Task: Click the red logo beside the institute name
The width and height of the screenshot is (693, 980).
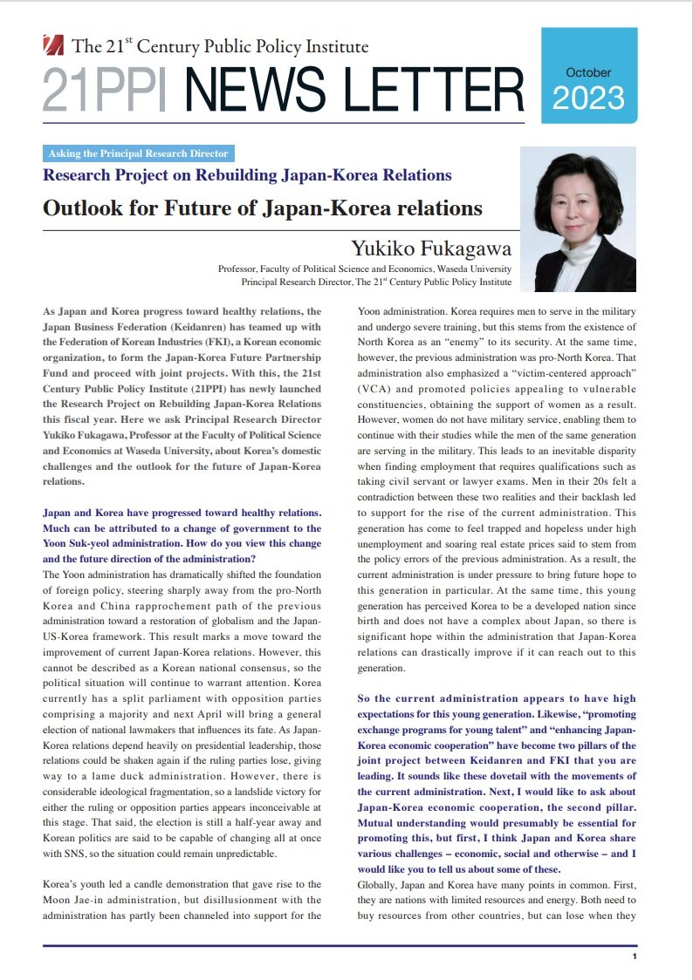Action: point(55,44)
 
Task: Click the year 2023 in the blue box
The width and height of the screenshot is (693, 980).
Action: point(588,98)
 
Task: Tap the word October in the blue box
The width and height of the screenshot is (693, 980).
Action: point(588,72)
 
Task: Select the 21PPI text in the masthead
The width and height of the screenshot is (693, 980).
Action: point(109,90)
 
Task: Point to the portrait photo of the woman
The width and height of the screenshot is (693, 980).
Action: point(578,221)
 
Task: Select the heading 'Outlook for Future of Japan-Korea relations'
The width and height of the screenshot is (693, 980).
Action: point(263,208)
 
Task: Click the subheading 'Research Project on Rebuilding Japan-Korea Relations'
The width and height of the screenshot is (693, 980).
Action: point(247,175)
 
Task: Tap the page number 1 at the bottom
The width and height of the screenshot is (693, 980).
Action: point(635,956)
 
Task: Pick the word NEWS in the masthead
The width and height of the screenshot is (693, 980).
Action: point(257,90)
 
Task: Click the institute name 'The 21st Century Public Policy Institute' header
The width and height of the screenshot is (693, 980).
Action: point(221,46)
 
